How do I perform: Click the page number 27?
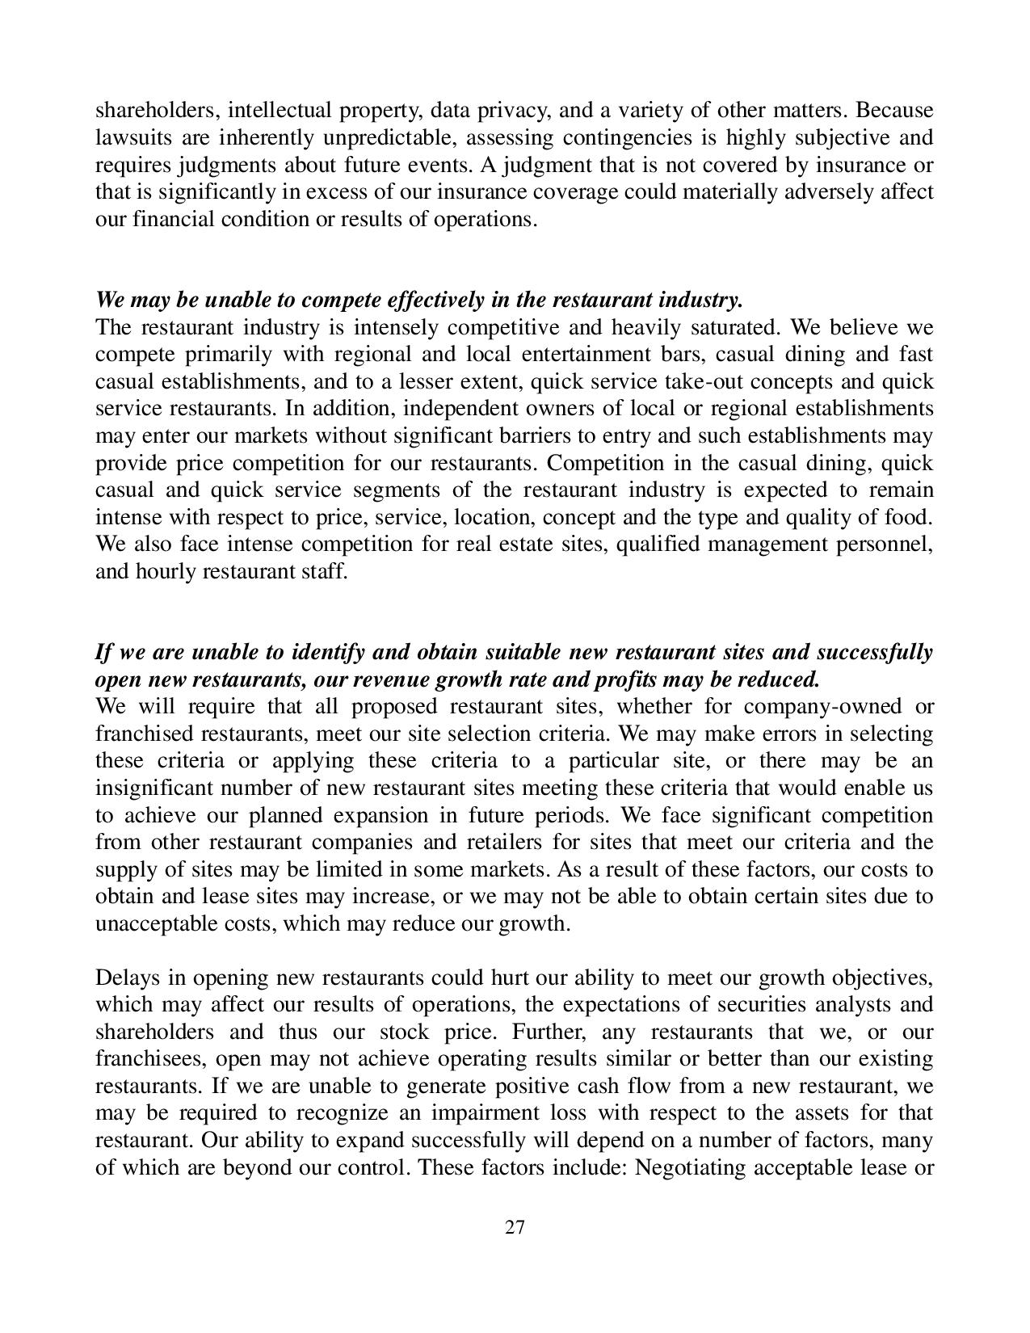515,1228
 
